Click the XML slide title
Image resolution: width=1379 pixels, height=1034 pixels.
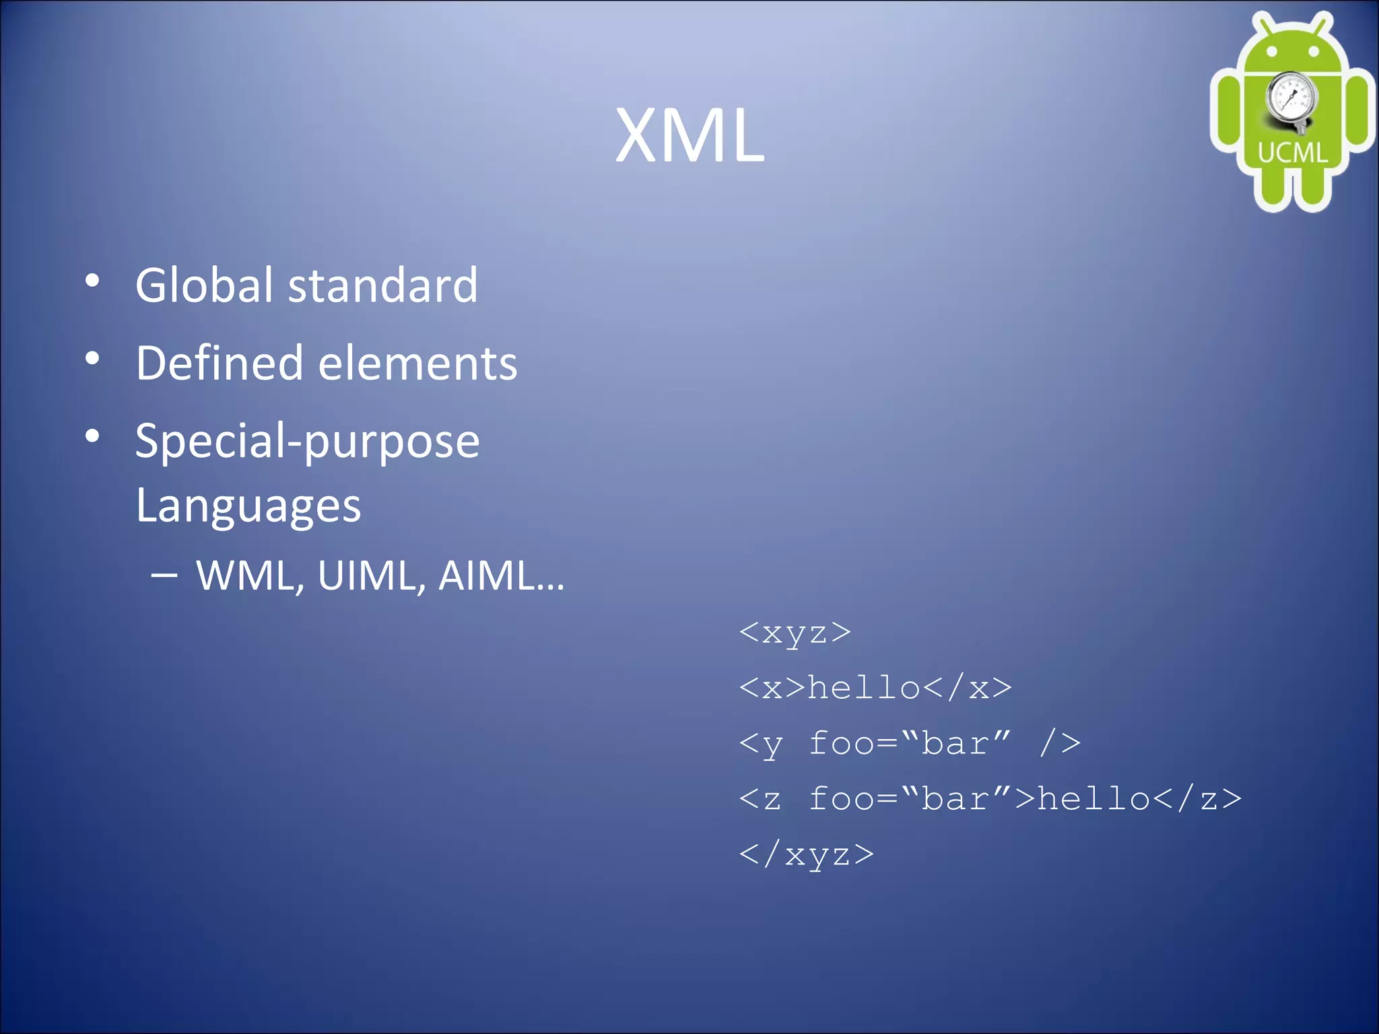click(689, 135)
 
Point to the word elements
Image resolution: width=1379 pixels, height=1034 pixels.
click(417, 363)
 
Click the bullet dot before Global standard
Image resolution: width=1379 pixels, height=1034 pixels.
click(93, 281)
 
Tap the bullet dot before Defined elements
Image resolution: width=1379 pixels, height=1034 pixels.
click(93, 359)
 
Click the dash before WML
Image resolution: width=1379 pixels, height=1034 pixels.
click(164, 576)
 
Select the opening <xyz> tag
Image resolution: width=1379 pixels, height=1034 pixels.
click(795, 633)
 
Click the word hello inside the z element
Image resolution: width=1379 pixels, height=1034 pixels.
click(1094, 799)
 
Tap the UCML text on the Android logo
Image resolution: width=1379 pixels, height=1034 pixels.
click(1293, 153)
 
